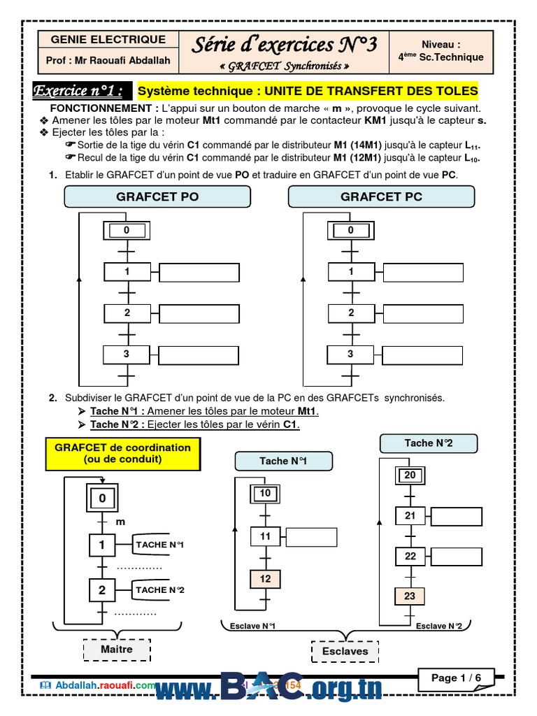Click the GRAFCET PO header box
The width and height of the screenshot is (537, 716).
click(x=157, y=196)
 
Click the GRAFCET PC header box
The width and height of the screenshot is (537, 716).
click(x=381, y=196)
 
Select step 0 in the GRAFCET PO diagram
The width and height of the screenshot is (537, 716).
click(x=127, y=230)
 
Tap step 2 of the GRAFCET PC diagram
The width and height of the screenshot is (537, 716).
click(x=351, y=313)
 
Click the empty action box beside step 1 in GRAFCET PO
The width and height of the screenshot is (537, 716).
click(x=199, y=272)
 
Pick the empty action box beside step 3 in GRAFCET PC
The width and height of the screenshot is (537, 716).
click(x=423, y=355)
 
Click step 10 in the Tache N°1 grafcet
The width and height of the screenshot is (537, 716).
click(x=265, y=494)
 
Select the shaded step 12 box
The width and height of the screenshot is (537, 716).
click(x=265, y=579)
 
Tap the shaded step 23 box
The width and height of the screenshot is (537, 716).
click(x=410, y=596)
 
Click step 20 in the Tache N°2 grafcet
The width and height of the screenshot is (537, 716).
click(x=410, y=475)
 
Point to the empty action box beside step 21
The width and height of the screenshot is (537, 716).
click(x=457, y=517)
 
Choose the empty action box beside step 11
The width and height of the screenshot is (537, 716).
click(x=311, y=536)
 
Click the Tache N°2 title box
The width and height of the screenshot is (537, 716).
click(x=428, y=443)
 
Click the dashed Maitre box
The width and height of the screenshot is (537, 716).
click(x=117, y=650)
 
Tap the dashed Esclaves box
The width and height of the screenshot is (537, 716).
click(x=345, y=652)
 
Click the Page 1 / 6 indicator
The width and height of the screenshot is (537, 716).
click(x=457, y=678)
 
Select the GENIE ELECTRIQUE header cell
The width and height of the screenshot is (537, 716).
click(x=108, y=40)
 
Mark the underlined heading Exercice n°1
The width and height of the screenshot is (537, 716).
click(x=83, y=91)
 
